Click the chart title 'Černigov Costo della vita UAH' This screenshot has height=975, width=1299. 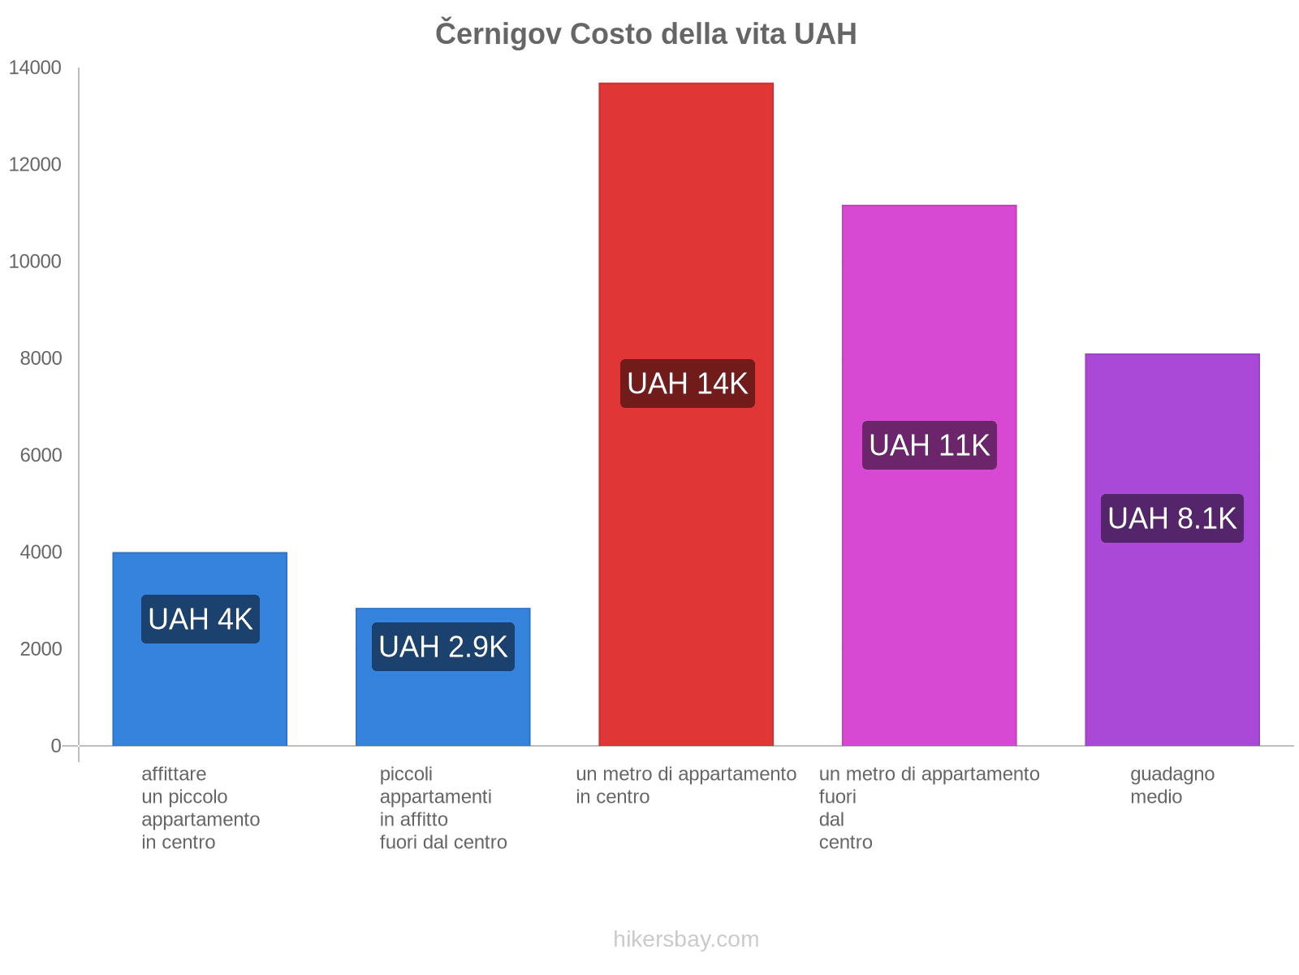(645, 34)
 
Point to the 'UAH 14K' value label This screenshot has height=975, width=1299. (687, 383)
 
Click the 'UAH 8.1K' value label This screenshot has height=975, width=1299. (1172, 518)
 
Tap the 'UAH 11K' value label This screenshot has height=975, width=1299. (929, 445)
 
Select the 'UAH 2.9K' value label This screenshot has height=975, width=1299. (442, 647)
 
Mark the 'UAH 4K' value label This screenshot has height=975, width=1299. (200, 619)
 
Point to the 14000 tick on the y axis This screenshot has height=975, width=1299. (35, 68)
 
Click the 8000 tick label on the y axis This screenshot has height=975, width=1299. (41, 358)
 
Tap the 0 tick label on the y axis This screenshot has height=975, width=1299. (56, 746)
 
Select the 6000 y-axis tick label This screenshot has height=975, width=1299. (41, 455)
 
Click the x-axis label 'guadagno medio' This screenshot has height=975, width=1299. (1172, 785)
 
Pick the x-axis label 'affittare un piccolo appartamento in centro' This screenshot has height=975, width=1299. (200, 808)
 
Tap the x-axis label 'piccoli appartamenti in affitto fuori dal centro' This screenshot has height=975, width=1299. (442, 808)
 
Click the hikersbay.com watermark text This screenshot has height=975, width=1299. (686, 939)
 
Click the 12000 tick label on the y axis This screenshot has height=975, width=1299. (35, 165)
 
